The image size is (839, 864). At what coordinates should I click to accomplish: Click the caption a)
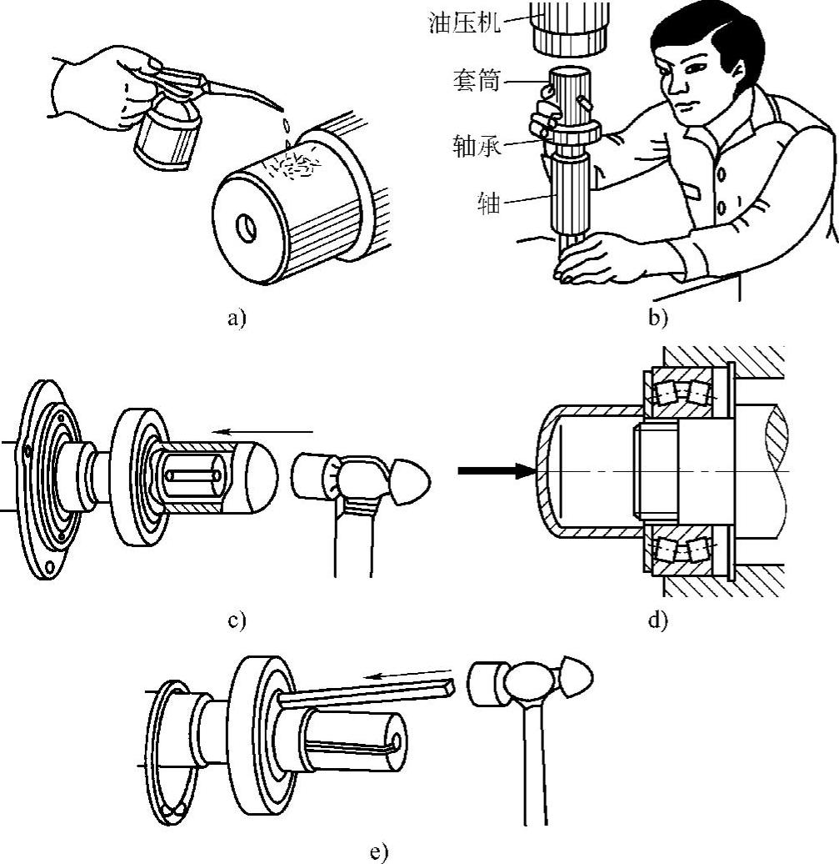click(237, 318)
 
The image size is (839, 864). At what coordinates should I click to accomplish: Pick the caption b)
click(660, 318)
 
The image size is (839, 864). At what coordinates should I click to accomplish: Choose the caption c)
click(237, 620)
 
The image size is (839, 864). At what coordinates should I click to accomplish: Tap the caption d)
click(660, 620)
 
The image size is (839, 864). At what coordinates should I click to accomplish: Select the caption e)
click(379, 851)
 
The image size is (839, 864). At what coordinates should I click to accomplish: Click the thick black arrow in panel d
click(497, 472)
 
